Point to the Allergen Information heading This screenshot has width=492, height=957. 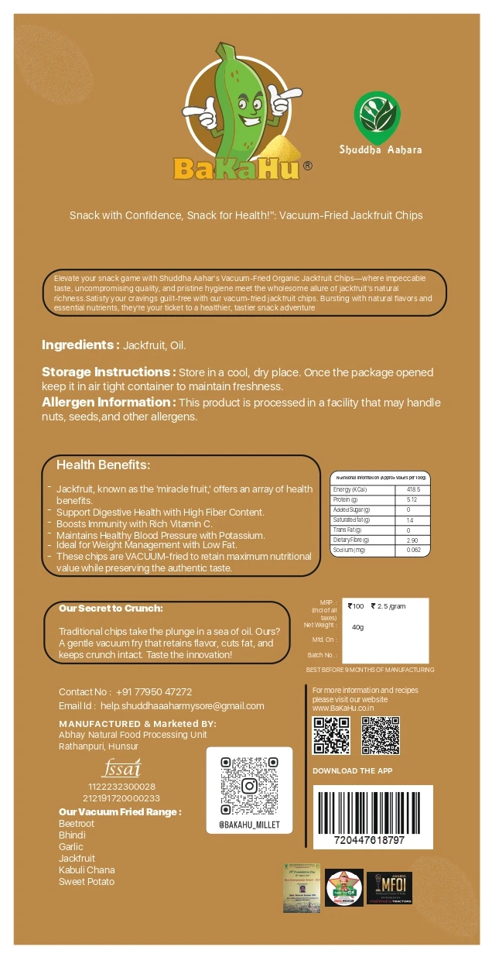[x=108, y=402]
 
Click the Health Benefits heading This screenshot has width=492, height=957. [x=103, y=465]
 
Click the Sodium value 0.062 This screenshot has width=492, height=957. [x=414, y=550]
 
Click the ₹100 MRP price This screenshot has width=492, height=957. [x=356, y=606]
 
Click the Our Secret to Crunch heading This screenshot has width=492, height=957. [x=111, y=609]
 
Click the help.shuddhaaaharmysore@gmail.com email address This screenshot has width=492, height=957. [x=183, y=705]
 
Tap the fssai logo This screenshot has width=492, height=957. [x=121, y=768]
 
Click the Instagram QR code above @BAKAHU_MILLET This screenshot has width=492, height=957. [x=249, y=786]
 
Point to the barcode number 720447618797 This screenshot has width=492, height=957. [x=369, y=840]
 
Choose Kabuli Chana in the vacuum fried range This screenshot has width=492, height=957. [x=87, y=870]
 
